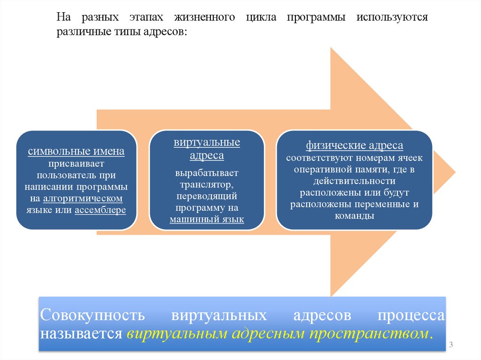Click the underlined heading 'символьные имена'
76,152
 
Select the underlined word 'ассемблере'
100,210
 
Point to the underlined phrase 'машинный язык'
207,219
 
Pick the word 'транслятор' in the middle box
207,184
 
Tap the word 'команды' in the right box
354,216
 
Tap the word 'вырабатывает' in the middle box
207,173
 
